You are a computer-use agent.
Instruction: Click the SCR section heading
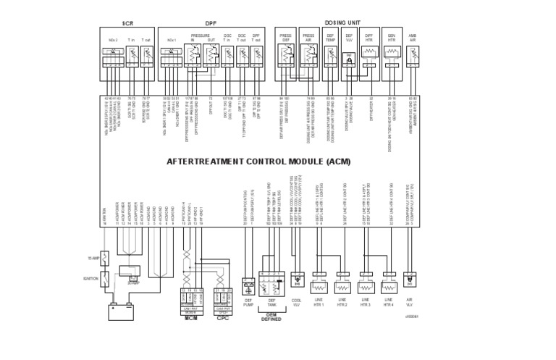128,23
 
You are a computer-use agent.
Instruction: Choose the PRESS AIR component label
308,37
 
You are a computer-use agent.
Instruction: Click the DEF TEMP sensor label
331,37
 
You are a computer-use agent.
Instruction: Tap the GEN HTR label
392,37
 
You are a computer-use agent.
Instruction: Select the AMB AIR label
413,37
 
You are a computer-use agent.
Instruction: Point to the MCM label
190,317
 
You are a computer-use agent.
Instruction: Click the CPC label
224,317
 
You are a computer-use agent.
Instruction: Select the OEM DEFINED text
271,317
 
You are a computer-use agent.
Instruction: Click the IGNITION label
90,277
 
